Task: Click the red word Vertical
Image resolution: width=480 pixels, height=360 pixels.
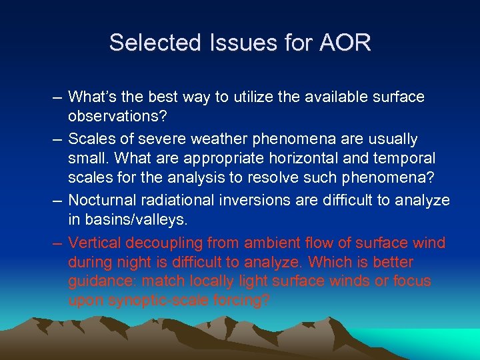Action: [x=93, y=243]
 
